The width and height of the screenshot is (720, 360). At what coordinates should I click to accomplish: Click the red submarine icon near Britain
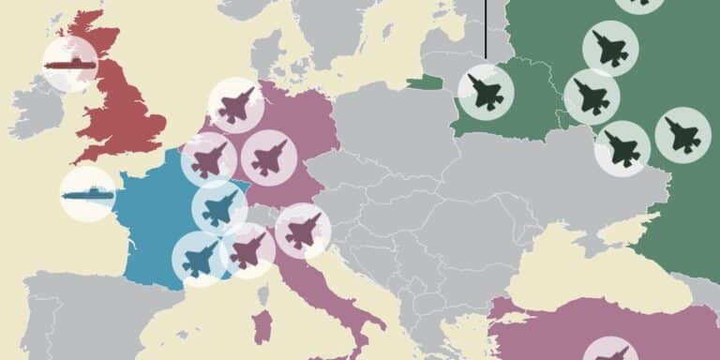pos(70,64)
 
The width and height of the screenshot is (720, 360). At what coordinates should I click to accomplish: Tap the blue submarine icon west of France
pos(88,195)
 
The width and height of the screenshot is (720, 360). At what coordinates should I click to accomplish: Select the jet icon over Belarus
pos(486,92)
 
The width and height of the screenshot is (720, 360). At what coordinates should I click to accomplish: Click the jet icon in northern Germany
pos(235,105)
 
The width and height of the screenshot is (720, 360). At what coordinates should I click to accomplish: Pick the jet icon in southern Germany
pos(269,157)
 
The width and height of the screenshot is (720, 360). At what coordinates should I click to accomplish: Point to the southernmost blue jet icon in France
pos(200,259)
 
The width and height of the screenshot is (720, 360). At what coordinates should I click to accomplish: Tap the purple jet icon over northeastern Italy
pos(303,230)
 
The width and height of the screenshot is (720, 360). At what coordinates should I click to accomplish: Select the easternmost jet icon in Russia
pos(682,135)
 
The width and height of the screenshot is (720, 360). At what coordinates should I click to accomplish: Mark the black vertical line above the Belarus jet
pos(486,28)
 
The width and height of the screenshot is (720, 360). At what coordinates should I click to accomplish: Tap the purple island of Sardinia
pos(264,327)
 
